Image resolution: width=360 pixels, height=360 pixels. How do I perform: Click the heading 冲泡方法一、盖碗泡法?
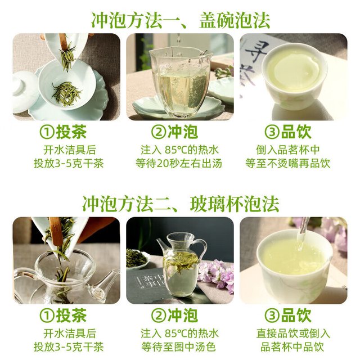pos(181,20)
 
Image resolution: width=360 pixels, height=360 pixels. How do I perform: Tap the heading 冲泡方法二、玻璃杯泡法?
pos(181,204)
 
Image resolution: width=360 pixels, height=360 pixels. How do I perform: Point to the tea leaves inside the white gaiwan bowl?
pos(66,94)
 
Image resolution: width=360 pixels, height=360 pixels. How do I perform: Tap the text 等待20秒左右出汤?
pos(179,164)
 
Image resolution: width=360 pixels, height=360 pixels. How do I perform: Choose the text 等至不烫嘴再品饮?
pos(288,164)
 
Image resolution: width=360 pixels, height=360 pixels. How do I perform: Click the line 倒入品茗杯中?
pos(288,150)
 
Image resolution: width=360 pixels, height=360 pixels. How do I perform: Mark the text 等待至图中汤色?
pos(179,346)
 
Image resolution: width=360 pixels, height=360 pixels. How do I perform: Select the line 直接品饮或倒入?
pos(293,334)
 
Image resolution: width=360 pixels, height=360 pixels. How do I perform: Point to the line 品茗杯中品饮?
pos(292,346)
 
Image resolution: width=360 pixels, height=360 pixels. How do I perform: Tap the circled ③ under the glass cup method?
pos(272,316)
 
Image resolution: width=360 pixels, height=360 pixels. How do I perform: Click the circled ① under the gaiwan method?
pos(47,132)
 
